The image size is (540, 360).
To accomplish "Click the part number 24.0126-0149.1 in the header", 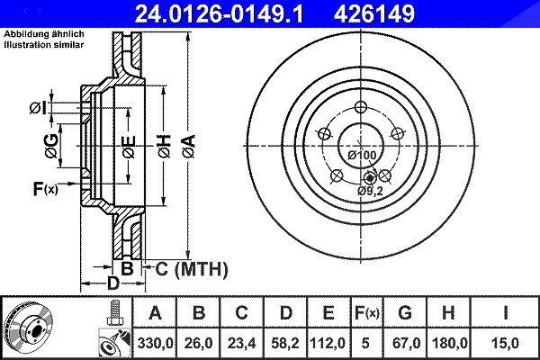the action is tap(219, 13).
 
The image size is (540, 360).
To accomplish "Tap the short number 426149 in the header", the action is tap(374, 13).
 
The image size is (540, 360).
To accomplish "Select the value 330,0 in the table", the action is tap(155, 343).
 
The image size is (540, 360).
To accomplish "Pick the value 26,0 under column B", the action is tap(198, 343).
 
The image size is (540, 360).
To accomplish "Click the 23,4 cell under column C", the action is tap(241, 343).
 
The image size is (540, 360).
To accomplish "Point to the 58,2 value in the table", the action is tap(285, 343).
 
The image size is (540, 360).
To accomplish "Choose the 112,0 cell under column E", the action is tap(328, 343).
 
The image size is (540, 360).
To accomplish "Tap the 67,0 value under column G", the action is tap(405, 343).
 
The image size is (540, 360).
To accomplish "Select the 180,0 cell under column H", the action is tap(448, 343).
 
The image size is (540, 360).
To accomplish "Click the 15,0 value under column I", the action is tap(505, 343).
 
